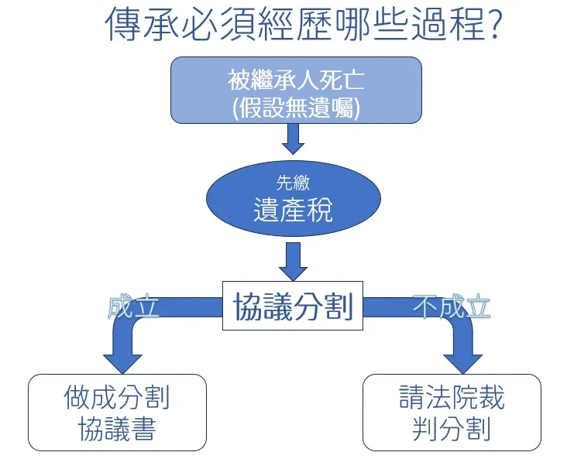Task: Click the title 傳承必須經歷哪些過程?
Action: click(305, 25)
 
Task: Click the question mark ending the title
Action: click(497, 25)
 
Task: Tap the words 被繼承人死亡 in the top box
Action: click(295, 79)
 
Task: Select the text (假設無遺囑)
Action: click(295, 107)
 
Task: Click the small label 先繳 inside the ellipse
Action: click(293, 183)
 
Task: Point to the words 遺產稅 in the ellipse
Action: click(293, 209)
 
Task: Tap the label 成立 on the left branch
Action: click(133, 307)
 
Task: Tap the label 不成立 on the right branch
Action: click(452, 307)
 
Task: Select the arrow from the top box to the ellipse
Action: click(293, 139)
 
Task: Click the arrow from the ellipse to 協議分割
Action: click(293, 260)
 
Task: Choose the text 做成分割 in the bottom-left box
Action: click(117, 398)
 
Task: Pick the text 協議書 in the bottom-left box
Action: click(117, 429)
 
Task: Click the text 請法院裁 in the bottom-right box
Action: click(452, 398)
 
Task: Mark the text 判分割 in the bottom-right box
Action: click(452, 429)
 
